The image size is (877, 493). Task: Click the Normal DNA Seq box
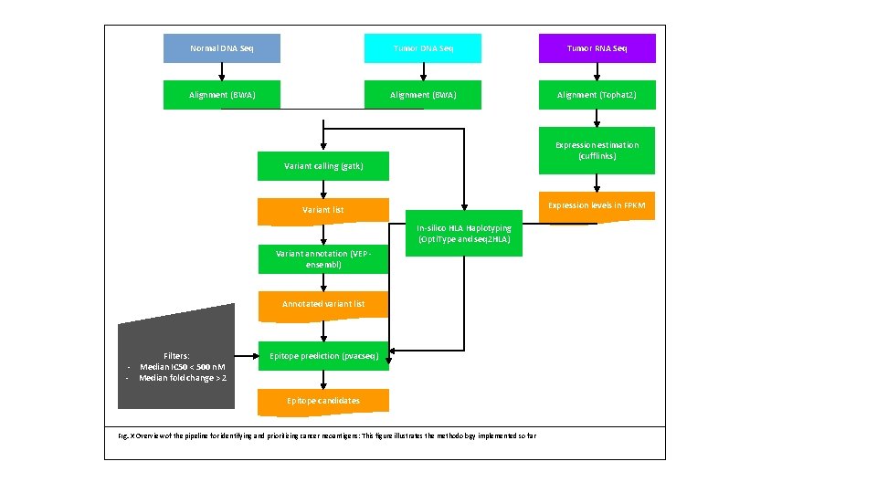click(x=221, y=48)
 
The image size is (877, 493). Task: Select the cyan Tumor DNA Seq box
click(x=422, y=48)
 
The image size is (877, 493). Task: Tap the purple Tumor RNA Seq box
click(x=597, y=48)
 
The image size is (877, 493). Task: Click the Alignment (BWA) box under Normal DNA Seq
click(x=221, y=95)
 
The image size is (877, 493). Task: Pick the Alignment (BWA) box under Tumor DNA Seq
click(x=422, y=95)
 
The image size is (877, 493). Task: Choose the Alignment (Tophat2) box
click(x=597, y=95)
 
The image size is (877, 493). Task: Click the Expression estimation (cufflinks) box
click(x=597, y=150)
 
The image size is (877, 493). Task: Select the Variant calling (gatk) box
click(x=323, y=166)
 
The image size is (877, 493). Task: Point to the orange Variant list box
click(x=323, y=210)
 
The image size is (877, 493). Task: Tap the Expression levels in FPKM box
click(x=597, y=206)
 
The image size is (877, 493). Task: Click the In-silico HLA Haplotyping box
click(x=464, y=234)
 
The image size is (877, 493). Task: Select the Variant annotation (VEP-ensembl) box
click(x=323, y=259)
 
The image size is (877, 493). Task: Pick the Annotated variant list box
click(x=323, y=304)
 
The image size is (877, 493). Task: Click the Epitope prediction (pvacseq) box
click(x=323, y=356)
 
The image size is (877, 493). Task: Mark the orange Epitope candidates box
click(x=323, y=401)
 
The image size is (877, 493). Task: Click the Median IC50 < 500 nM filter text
click(x=182, y=367)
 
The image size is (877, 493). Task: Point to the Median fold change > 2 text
click(x=182, y=378)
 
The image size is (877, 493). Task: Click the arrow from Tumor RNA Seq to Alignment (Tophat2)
click(x=597, y=72)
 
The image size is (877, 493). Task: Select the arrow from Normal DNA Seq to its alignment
click(x=221, y=72)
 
